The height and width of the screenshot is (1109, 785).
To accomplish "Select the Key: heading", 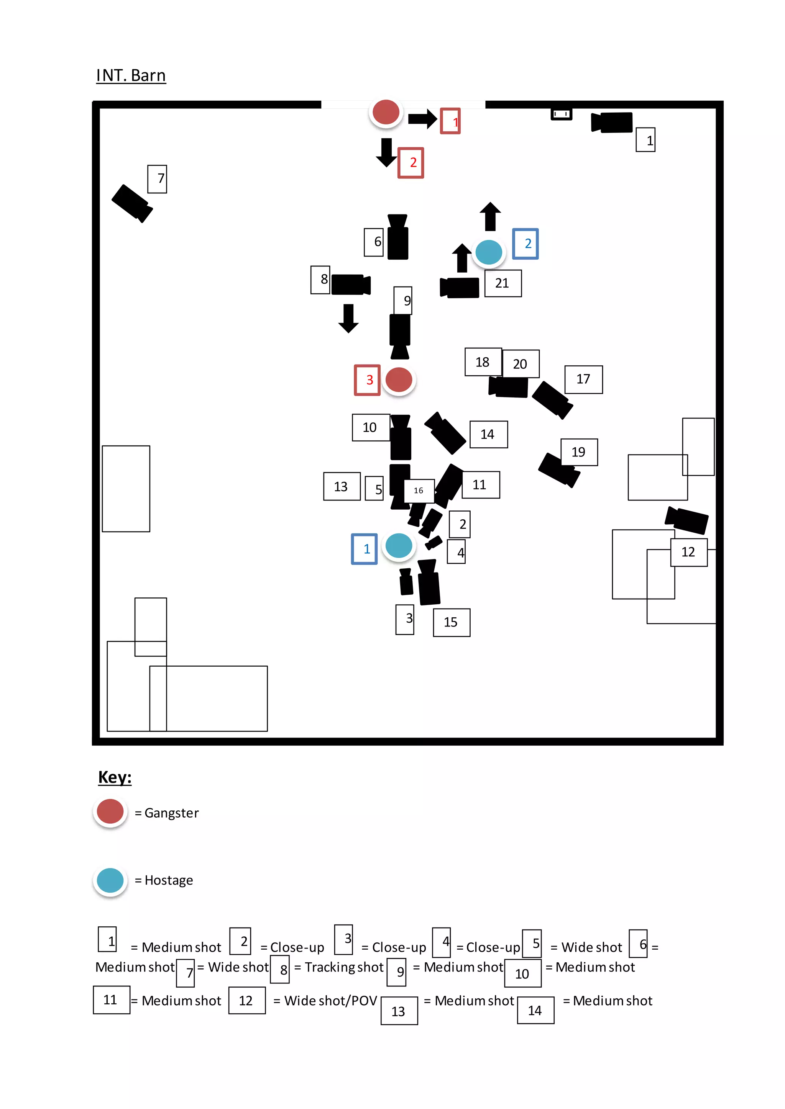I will [x=115, y=777].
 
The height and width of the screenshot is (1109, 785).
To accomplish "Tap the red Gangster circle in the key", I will [x=110, y=811].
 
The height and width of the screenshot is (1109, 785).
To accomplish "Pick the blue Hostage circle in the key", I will [x=110, y=880].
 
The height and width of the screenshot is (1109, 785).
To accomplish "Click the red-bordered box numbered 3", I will [x=367, y=380].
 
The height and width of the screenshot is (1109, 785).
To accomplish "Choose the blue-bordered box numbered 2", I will [x=526, y=244].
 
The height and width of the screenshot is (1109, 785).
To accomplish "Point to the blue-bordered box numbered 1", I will [x=365, y=549].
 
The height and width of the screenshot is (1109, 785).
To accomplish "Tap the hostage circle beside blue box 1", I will [x=399, y=546].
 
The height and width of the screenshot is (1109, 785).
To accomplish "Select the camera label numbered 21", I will [x=503, y=283].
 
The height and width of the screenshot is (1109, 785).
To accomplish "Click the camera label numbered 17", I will [x=583, y=379].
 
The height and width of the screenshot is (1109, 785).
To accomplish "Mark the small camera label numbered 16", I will [x=419, y=491].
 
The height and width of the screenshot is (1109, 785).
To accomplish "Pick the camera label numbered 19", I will [x=579, y=452].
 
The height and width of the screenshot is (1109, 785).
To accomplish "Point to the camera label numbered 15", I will [x=452, y=622].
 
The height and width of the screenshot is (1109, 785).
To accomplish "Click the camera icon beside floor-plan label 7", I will [x=131, y=203].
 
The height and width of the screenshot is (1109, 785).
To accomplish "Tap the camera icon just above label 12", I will [x=686, y=520].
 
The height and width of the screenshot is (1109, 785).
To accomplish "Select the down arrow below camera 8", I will [x=348, y=318].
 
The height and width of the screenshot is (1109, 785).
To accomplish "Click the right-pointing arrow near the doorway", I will [x=422, y=119].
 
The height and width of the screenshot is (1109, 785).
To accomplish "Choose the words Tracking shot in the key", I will [x=344, y=967].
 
